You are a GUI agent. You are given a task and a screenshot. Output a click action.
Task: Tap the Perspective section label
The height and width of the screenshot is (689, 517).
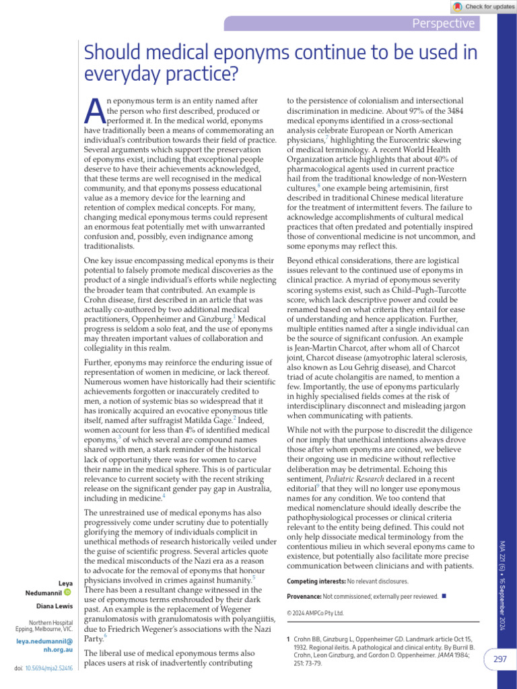tap(444, 24)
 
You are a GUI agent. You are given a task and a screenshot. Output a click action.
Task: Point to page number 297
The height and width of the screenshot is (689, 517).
tap(499, 659)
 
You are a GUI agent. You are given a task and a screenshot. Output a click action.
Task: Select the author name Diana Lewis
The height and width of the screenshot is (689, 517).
tap(55, 606)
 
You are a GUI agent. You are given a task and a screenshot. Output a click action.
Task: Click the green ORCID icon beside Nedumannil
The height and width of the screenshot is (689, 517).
tap(68, 591)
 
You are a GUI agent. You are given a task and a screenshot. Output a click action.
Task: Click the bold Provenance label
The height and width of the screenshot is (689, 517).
tap(304, 596)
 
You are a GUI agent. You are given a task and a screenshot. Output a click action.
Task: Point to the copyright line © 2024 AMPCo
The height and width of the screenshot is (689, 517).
tap(315, 613)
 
